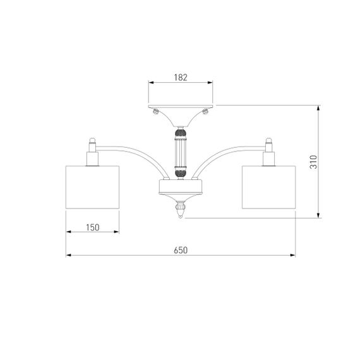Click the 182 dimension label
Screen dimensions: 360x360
click(x=181, y=78)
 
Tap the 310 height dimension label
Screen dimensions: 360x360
click(x=313, y=162)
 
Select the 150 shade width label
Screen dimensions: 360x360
click(x=93, y=227)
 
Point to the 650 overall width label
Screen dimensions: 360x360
click(x=181, y=250)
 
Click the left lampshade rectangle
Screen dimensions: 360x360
click(x=92, y=187)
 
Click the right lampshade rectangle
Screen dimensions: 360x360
click(x=268, y=187)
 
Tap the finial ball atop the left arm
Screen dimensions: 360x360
click(x=92, y=140)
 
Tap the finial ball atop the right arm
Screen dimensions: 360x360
click(x=268, y=140)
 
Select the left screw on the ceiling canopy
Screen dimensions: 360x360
click(x=156, y=112)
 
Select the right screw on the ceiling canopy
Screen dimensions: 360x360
click(x=205, y=112)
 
